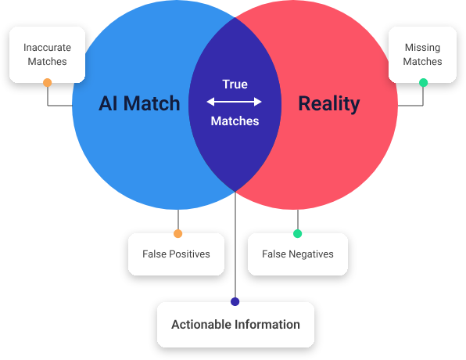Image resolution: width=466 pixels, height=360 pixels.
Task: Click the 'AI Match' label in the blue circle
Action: tap(139, 103)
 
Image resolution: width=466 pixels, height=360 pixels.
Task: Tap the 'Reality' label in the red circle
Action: tap(328, 103)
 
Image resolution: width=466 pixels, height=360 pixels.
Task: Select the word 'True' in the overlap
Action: tap(235, 85)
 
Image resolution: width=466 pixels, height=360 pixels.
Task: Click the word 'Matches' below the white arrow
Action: tap(235, 121)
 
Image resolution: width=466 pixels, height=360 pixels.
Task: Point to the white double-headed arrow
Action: tap(234, 102)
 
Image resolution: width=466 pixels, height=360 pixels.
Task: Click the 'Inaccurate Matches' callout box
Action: tap(46, 54)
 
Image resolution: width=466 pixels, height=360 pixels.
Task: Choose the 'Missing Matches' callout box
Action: tap(422, 54)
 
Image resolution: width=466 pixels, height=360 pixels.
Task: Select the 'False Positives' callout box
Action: tap(176, 254)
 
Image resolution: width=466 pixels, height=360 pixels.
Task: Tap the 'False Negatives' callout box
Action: tap(297, 254)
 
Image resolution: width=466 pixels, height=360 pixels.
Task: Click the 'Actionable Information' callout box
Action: tap(235, 324)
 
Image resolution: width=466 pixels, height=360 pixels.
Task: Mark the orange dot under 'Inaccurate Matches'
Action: tap(48, 82)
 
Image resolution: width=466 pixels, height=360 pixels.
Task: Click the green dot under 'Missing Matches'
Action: tap(423, 82)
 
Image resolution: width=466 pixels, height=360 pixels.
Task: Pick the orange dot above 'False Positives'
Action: tap(177, 233)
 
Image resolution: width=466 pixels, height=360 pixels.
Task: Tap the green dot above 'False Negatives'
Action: tap(297, 233)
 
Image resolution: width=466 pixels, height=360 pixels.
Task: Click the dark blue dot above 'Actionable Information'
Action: tap(235, 301)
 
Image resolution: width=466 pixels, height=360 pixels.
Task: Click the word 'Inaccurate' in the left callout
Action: tap(46, 48)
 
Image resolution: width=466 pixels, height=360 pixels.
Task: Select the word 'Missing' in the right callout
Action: tap(422, 48)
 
